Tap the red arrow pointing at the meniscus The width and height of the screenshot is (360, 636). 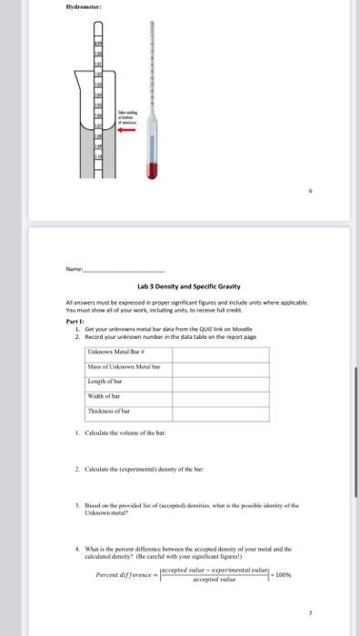125,128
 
